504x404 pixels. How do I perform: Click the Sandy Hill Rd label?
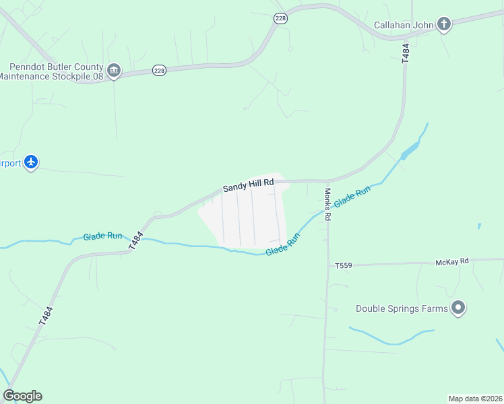point(249,183)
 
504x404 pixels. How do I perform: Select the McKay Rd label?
point(451,261)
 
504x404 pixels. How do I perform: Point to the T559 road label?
point(344,266)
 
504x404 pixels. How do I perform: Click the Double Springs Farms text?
point(402,309)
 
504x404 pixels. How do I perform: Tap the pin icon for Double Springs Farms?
point(458,308)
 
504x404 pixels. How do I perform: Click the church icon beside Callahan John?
point(443,25)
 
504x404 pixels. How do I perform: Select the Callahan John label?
point(404,26)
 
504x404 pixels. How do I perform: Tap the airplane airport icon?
point(31,162)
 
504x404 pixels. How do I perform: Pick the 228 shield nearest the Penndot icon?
point(159,71)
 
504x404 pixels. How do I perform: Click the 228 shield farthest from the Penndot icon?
point(281,19)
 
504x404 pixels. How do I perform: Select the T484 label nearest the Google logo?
point(45,316)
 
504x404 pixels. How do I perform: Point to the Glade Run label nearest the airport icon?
point(102,236)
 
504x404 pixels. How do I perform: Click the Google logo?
point(22,396)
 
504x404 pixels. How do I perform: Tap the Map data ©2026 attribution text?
point(475,399)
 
